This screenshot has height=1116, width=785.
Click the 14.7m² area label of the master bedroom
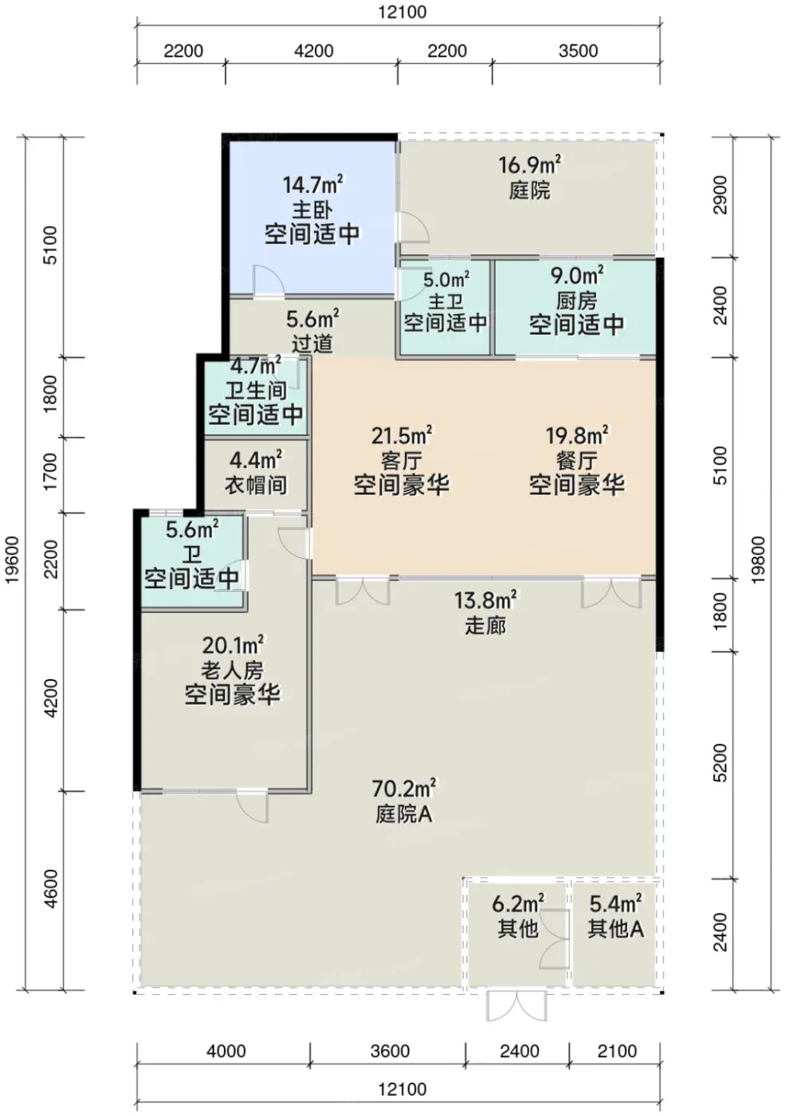tap(312, 185)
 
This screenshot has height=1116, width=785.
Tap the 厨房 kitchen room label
tap(576, 301)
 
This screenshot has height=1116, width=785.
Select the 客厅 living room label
tap(402, 462)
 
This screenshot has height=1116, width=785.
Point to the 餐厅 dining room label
tap(576, 462)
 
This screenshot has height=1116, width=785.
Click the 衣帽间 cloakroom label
tap(256, 485)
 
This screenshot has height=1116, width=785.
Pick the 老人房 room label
tap(232, 670)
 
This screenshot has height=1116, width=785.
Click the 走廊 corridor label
tap(485, 626)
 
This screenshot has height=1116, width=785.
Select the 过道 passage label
tap(312, 344)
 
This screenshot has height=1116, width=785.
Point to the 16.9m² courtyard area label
tap(530, 165)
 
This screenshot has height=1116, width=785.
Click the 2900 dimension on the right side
tap(720, 195)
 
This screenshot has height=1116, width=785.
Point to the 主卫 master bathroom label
tap(445, 301)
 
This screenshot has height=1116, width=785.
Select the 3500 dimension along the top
tap(578, 51)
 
